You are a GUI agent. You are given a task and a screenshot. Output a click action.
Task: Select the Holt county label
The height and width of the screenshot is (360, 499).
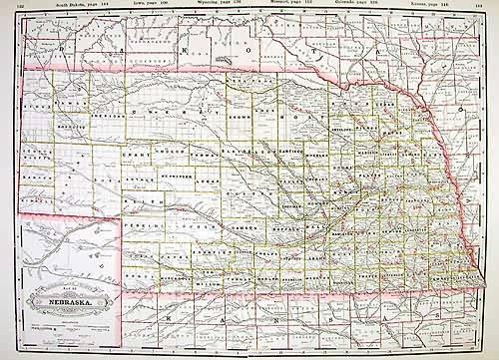(300, 115)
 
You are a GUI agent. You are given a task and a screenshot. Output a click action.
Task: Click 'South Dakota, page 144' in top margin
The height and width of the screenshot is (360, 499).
(85, 5)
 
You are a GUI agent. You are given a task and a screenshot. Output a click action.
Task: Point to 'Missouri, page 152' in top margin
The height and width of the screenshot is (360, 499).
(298, 5)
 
